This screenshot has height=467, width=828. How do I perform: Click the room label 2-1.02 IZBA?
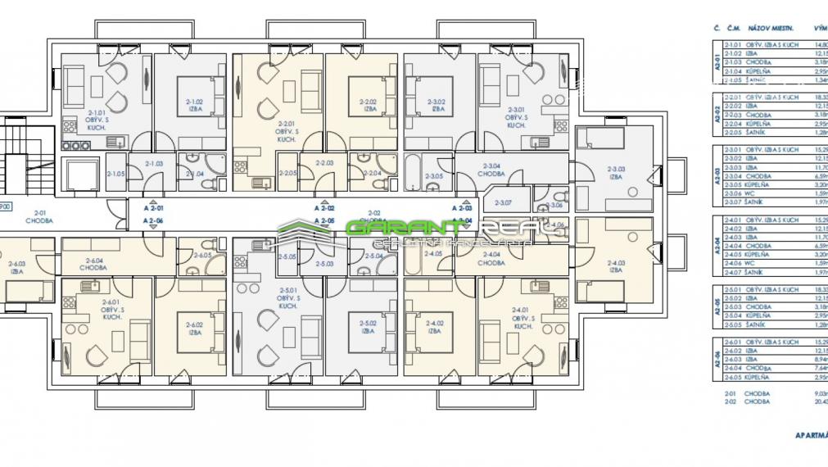coord(194,104)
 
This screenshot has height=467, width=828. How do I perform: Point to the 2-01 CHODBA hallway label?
coord(38,216)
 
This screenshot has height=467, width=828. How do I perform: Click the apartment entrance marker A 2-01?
coord(153,209)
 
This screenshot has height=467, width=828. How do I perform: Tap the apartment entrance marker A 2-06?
coord(153,221)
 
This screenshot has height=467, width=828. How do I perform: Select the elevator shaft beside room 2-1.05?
coord(82,173)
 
